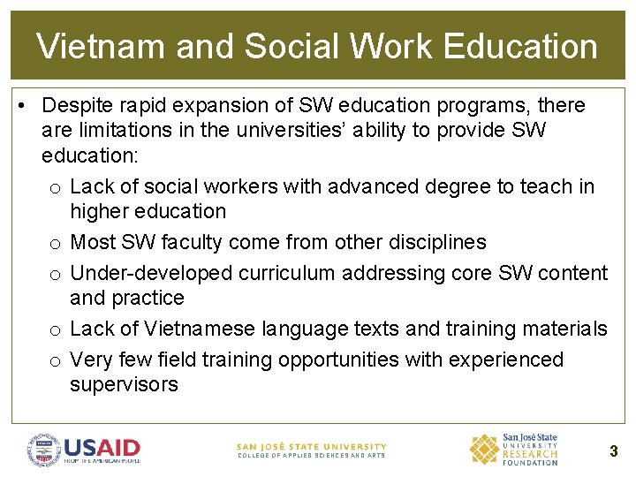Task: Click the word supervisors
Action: [x=124, y=385]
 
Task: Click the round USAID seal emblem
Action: [x=43, y=450]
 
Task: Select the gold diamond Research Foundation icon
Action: [x=483, y=449]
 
